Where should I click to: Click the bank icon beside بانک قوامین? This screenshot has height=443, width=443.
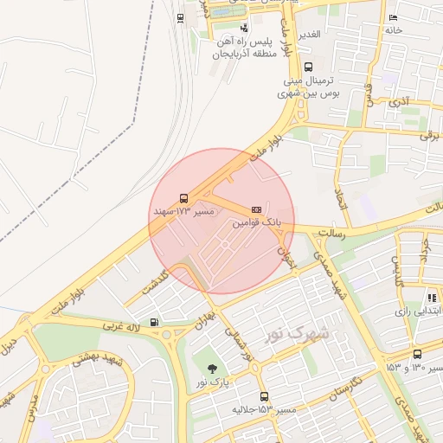pyautogui.click(x=256, y=209)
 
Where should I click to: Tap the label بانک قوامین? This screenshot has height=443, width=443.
pyautogui.click(x=257, y=223)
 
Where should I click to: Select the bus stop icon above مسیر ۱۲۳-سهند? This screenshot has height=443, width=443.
pyautogui.click(x=183, y=198)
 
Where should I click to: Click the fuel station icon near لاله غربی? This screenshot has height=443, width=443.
pyautogui.click(x=154, y=324)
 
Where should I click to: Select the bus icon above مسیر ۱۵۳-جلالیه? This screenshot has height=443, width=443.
pyautogui.click(x=265, y=395)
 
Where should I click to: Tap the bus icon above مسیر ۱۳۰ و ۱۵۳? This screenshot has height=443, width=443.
pyautogui.click(x=418, y=354)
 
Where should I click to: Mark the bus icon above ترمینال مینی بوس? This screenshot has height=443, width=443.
pyautogui.click(x=309, y=67)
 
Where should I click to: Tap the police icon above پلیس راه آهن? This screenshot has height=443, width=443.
pyautogui.click(x=243, y=28)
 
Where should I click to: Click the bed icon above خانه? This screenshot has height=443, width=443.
pyautogui.click(x=394, y=17)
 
